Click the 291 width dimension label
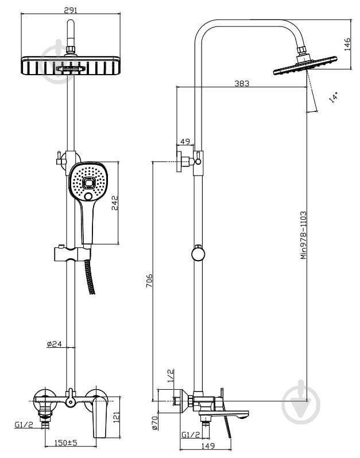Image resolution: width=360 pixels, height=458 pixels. coord(71,10)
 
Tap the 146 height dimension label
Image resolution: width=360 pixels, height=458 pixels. coord(347,44)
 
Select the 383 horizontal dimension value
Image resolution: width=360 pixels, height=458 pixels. coord(242,84)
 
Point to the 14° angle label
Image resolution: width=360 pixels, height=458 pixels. coord(334,97)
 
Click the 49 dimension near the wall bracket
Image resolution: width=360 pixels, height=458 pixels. coord(185,142)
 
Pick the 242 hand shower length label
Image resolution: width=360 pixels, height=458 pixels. coord(115,203)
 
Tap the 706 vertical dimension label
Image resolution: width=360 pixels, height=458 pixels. coord(149,281)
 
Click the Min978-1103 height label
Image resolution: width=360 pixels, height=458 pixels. coord(304,235)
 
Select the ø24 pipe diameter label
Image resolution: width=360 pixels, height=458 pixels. coord(55,344)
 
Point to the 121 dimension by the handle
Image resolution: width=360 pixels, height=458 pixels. coord(117,417)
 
